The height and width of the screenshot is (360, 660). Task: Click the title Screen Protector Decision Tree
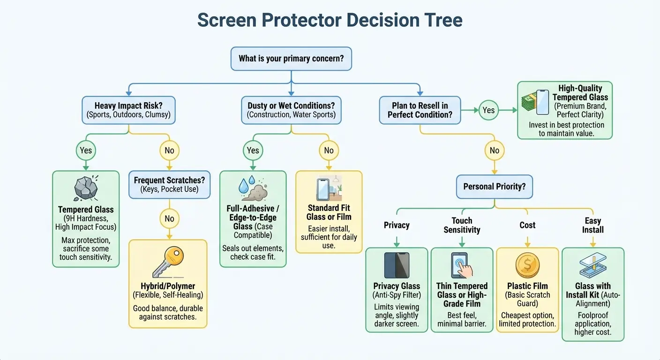[x=330, y=20]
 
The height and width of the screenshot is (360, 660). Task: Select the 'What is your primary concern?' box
[x=291, y=59]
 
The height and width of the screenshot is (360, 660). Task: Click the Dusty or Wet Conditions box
[x=291, y=110]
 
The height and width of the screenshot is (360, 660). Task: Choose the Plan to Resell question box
[x=420, y=110]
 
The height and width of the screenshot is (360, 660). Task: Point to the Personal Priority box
[x=494, y=186]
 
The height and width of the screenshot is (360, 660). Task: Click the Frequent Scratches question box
[x=169, y=185]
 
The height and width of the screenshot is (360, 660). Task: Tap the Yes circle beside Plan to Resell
[x=488, y=110]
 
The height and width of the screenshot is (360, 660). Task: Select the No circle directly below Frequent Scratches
[x=169, y=218]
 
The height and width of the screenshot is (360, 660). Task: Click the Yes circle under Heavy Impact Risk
[x=86, y=150]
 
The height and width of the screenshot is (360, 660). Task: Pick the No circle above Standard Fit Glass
[x=329, y=150]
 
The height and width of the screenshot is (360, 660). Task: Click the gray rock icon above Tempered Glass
[x=86, y=188]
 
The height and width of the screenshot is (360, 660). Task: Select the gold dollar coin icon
[x=527, y=266]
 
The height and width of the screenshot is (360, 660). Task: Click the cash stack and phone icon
[x=535, y=102]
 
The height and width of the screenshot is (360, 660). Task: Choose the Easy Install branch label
[x=593, y=225]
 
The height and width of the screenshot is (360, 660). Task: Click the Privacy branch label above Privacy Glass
[x=397, y=225]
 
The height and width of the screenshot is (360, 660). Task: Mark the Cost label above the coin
[x=527, y=225]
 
